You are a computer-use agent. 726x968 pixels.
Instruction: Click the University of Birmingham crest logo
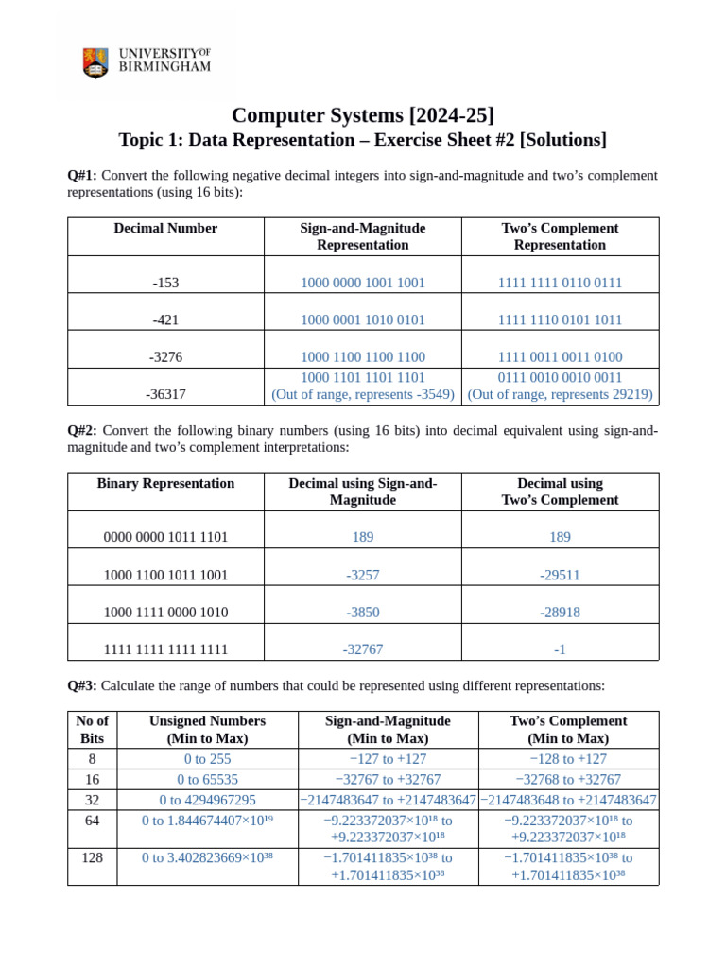95,63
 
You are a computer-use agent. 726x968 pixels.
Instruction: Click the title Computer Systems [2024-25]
362,115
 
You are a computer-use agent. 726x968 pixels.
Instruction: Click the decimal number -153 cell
165,283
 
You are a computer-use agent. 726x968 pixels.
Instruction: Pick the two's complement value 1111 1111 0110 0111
560,283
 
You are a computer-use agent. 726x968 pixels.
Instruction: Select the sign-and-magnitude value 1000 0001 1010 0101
362,320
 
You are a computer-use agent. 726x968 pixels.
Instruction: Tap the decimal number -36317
165,394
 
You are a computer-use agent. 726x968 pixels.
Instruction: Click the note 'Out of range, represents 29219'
560,394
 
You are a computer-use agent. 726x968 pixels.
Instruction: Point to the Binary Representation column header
165,483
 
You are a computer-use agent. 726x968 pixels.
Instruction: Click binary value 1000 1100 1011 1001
165,575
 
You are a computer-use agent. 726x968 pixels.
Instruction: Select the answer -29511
560,575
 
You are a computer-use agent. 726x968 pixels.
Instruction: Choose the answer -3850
362,613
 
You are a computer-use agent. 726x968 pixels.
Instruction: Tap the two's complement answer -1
560,650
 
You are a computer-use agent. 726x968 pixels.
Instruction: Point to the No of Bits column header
92,729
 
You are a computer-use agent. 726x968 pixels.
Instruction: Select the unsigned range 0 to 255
207,759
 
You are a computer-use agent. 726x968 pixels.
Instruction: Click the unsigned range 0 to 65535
207,779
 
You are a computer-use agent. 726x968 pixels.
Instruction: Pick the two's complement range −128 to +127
568,759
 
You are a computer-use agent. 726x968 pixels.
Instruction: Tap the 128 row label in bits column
92,857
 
